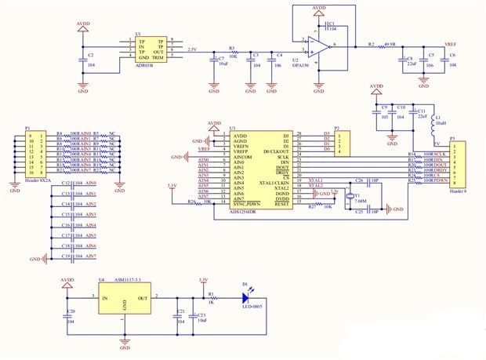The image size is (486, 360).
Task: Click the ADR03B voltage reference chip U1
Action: (147, 48)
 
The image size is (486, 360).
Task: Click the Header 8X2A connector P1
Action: (34, 155)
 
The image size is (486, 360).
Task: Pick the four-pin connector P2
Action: (342, 142)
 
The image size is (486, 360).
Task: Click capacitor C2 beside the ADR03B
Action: (84, 60)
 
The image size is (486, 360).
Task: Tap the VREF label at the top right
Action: (450, 45)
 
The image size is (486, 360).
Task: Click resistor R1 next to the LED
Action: (211, 299)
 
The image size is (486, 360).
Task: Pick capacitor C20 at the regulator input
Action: (68, 315)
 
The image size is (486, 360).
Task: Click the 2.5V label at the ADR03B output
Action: (193, 49)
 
